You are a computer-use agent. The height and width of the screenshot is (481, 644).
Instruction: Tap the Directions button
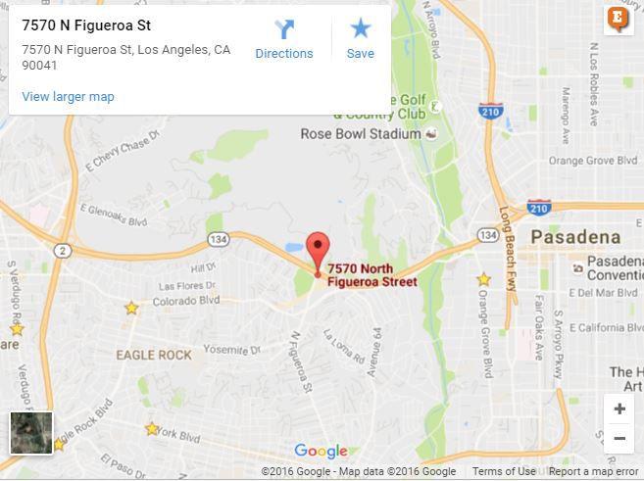pyautogui.click(x=284, y=40)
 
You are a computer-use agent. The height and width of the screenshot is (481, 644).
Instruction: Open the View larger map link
pyautogui.click(x=68, y=96)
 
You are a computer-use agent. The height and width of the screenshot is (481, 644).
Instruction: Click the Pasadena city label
pyautogui.click(x=575, y=237)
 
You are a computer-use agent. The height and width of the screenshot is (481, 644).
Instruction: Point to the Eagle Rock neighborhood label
pyautogui.click(x=154, y=355)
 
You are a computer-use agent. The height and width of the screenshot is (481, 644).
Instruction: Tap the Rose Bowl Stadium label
pyautogui.click(x=361, y=134)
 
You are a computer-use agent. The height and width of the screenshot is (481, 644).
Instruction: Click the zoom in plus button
pyautogui.click(x=619, y=409)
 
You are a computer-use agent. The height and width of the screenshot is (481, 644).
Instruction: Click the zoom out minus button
pyautogui.click(x=619, y=438)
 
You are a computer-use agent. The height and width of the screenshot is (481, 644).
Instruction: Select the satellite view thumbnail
pyautogui.click(x=31, y=433)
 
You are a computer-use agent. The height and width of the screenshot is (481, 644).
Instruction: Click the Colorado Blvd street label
pyautogui.click(x=186, y=301)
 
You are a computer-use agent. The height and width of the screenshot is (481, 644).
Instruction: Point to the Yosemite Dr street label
pyautogui.click(x=232, y=350)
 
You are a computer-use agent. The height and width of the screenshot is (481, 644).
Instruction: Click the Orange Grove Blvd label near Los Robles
pyautogui.click(x=594, y=161)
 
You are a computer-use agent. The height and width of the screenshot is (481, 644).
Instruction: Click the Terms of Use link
pyautogui.click(x=504, y=472)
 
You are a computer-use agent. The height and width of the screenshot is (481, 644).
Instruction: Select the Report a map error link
pyautogui.click(x=593, y=472)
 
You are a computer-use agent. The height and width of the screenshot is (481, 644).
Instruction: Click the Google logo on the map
pyautogui.click(x=321, y=452)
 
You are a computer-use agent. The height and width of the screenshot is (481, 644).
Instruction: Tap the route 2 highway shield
pyautogui.click(x=63, y=252)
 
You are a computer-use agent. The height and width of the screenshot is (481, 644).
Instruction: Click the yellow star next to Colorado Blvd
pyautogui.click(x=131, y=309)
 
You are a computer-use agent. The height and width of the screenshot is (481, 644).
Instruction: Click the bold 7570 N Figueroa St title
pyautogui.click(x=86, y=25)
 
